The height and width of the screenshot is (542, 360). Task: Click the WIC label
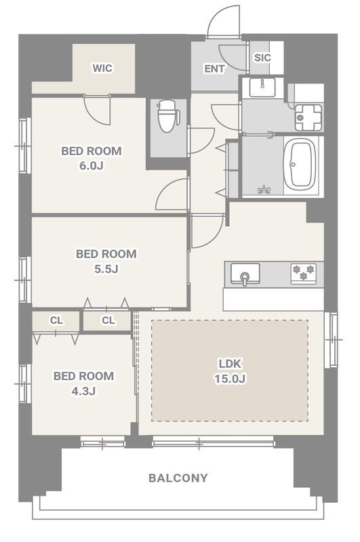pos(102,68)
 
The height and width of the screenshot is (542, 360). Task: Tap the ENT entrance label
pos(214,69)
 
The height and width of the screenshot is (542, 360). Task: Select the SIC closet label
pos(262,58)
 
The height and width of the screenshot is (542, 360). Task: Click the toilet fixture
pos(168,115)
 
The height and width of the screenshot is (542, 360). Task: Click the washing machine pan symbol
pos(308,117)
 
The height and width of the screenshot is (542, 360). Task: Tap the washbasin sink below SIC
pos(262,87)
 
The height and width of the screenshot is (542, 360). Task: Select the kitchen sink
pos(245,273)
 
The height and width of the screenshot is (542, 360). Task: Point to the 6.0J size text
pos(92,165)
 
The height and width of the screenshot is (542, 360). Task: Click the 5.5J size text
pos(106,268)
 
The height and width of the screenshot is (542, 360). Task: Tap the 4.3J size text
pos(83,391)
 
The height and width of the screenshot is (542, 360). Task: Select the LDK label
pos(230,364)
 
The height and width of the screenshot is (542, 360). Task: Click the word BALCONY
pos(178,478)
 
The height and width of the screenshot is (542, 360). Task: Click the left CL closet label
pos(57,320)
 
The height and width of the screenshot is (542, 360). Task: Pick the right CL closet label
pos(108,320)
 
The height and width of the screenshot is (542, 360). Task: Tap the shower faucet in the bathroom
pos(264,190)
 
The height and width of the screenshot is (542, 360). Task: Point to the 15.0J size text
pos(230,379)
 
